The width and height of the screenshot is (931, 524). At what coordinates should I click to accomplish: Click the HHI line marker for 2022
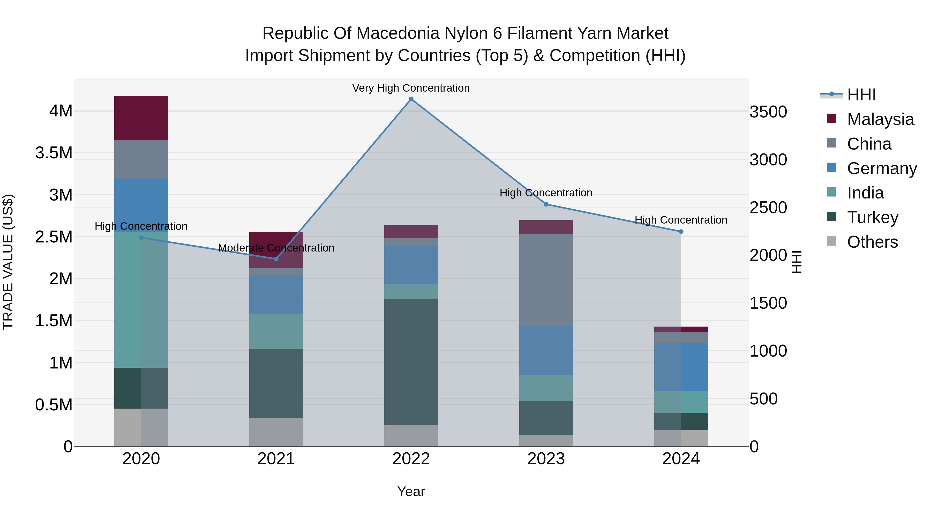[x=411, y=99]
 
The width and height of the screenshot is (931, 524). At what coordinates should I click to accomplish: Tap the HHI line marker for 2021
[x=276, y=259]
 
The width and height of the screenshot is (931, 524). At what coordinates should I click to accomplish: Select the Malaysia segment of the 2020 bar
[x=141, y=118]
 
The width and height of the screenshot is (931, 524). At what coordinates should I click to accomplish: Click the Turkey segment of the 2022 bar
[x=411, y=362]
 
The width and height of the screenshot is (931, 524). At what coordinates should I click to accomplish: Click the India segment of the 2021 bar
[x=276, y=331]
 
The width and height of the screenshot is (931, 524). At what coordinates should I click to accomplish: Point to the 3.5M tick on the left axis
[x=54, y=153]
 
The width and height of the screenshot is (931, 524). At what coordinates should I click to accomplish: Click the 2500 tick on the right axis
[x=768, y=208]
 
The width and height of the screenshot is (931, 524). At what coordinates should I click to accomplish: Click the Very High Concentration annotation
[x=411, y=88]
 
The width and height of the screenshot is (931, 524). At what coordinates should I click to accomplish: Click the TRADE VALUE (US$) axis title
[x=8, y=262]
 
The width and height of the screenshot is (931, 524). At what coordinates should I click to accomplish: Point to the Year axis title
[x=411, y=491]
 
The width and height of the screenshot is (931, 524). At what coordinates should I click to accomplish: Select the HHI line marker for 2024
[x=681, y=231]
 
